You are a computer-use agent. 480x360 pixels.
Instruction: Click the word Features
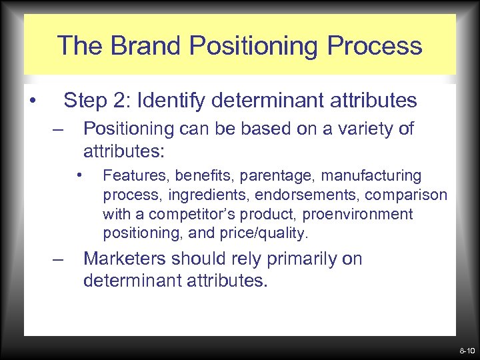coord(130,176)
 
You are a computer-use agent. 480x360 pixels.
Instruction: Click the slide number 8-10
coord(466,350)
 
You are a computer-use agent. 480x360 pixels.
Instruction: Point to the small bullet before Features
coord(79,176)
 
